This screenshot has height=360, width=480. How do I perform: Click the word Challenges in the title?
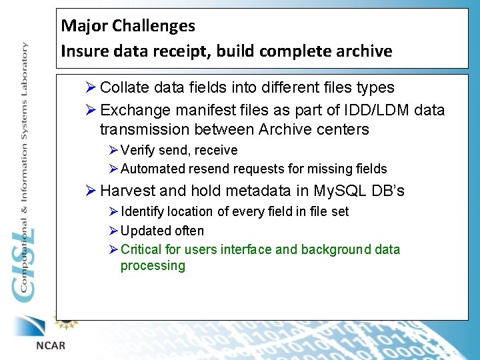(153, 27)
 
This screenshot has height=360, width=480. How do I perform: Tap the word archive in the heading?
(364, 51)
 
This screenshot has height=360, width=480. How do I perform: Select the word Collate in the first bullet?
(125, 87)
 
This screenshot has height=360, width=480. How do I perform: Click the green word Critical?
(141, 250)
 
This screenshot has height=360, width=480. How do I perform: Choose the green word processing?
(153, 266)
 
